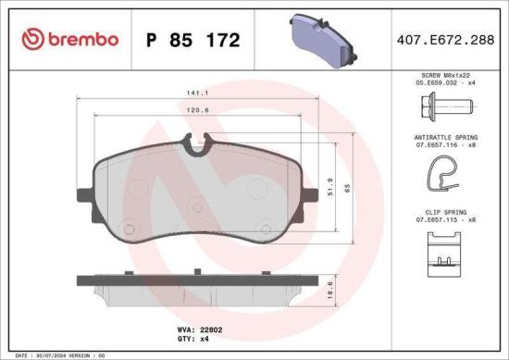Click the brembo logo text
69,39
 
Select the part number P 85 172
193,40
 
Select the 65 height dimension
348,187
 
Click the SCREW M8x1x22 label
447,73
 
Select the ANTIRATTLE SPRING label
447,137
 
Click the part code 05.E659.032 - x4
447,81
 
